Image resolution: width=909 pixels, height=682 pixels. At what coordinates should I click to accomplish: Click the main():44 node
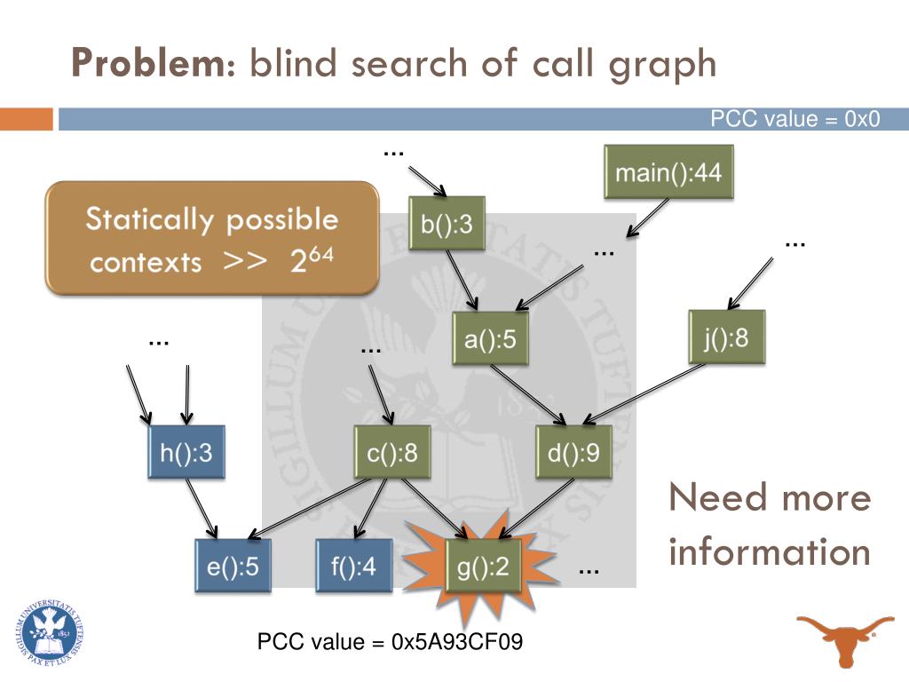click(x=668, y=172)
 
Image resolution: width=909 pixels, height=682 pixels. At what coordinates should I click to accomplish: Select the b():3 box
click(x=447, y=226)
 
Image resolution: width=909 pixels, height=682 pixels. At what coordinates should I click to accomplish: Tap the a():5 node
click(x=490, y=339)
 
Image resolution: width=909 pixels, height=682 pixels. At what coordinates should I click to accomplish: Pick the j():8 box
click(x=725, y=337)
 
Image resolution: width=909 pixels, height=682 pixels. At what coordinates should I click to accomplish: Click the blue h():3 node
click(x=186, y=453)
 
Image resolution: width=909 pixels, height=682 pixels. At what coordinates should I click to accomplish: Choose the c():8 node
click(x=391, y=453)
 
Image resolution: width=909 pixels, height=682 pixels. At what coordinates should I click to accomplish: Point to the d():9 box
click(x=574, y=453)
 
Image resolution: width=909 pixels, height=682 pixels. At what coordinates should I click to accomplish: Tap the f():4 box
click(x=353, y=566)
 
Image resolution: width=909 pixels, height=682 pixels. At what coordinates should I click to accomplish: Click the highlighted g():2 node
click(x=482, y=566)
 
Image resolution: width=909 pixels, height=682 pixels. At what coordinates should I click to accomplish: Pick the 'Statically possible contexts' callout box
click(x=212, y=239)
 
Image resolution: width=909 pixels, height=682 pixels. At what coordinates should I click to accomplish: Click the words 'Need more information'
click(x=770, y=525)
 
